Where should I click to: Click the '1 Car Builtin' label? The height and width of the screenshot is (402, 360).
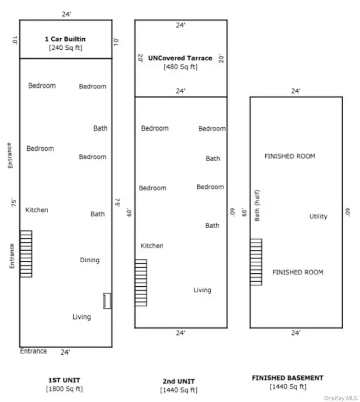[x=65, y=39]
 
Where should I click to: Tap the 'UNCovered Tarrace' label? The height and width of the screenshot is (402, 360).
[x=181, y=58]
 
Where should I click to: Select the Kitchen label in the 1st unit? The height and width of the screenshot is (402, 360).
[x=37, y=210]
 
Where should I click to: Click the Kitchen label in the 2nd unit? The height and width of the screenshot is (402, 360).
[x=152, y=245]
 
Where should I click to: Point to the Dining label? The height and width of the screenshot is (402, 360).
[x=89, y=260]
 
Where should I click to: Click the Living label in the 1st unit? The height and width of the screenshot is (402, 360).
[x=82, y=317]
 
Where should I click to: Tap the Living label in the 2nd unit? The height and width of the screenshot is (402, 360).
[x=203, y=290]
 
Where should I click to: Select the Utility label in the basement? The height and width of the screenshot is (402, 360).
[x=318, y=216]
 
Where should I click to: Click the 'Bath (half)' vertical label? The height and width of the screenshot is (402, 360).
[x=257, y=205]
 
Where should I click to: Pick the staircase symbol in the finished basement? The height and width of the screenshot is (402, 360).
[x=256, y=262]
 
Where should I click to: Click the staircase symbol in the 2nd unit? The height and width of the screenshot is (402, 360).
[x=141, y=283]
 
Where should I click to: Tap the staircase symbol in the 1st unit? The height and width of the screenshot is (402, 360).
[x=26, y=254]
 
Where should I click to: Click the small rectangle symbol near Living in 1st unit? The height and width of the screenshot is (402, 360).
[x=107, y=301]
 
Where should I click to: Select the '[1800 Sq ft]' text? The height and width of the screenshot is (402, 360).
[x=64, y=389]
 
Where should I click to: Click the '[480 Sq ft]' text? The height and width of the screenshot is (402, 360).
[x=181, y=67]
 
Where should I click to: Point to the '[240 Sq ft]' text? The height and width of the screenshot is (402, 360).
[x=65, y=48]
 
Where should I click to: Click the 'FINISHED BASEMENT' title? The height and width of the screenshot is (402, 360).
[x=287, y=378]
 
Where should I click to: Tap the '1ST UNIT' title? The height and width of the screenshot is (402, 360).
[x=64, y=380]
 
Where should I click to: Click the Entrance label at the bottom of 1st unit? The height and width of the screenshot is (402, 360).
[x=33, y=351]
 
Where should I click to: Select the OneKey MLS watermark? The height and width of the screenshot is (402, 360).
[x=341, y=398]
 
